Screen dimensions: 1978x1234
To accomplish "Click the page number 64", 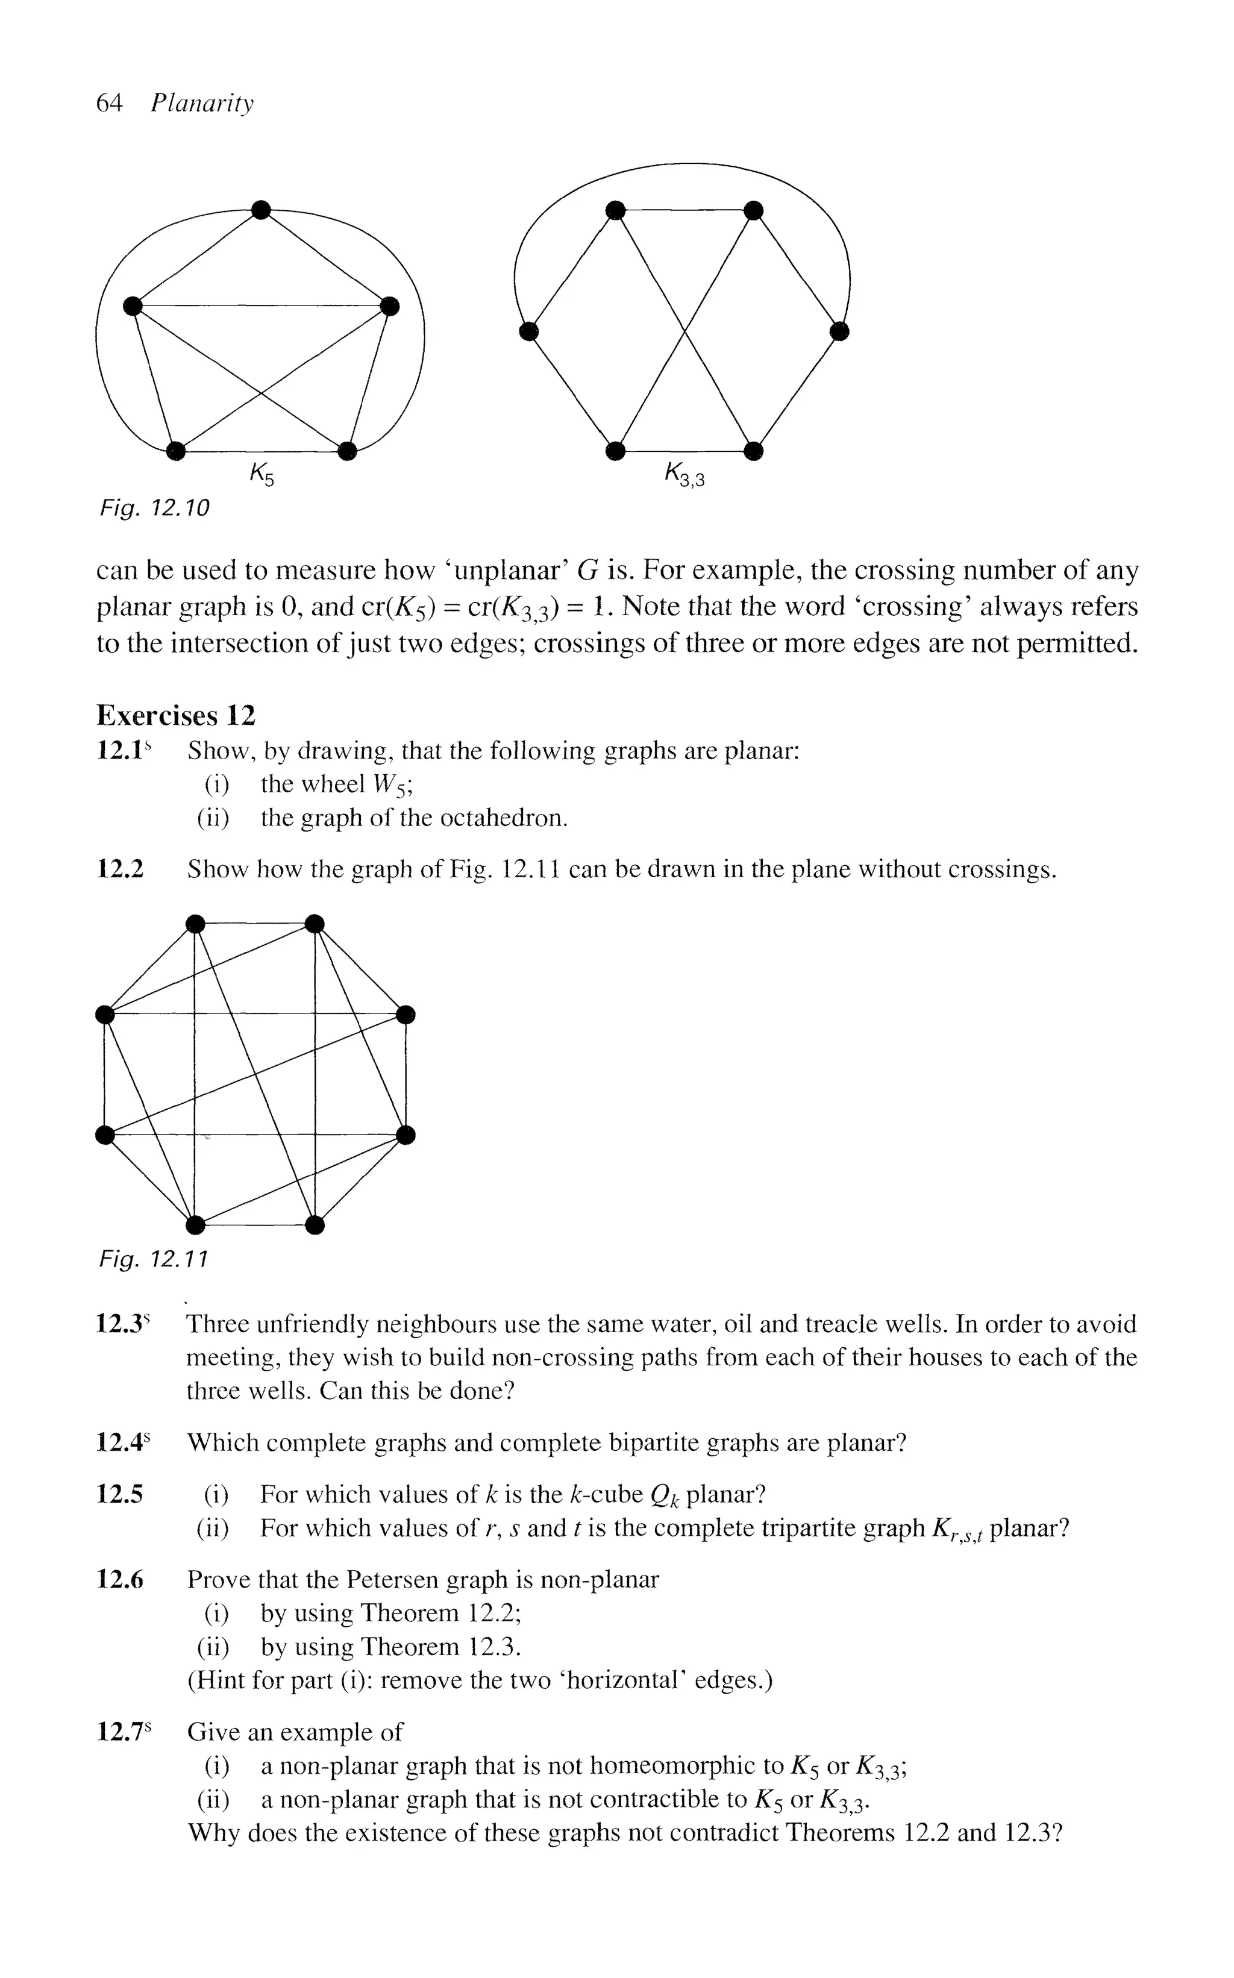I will [108, 103].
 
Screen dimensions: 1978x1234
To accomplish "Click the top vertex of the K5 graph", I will [260, 210].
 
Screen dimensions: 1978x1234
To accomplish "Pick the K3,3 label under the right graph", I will [684, 474].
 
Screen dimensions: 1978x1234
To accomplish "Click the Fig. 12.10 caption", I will [154, 509].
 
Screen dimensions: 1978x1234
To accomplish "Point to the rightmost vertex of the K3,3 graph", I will [840, 331].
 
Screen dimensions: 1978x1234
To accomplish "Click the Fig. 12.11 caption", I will [154, 1260].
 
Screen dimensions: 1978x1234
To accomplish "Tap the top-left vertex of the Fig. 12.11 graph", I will [194, 923].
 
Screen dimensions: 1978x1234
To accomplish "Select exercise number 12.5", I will [120, 1494].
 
